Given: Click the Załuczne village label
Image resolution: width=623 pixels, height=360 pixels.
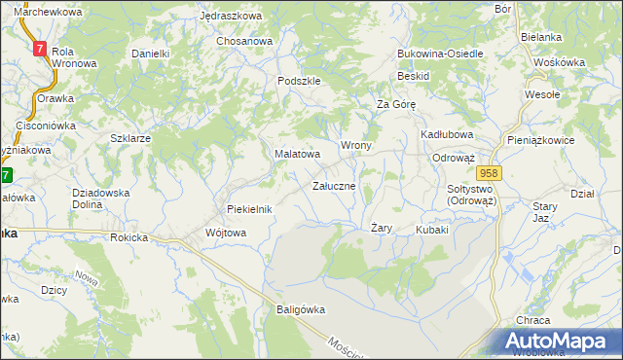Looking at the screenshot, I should (x=340, y=185).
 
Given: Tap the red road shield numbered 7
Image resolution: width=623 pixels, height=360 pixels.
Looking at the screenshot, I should (x=39, y=48).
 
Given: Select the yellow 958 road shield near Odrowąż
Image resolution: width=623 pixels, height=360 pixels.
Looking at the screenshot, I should (x=489, y=172).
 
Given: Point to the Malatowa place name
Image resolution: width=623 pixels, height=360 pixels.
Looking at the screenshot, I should (x=297, y=154).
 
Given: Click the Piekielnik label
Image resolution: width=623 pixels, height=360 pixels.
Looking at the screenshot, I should (x=248, y=209).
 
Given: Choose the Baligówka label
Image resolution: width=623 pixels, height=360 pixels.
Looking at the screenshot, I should (x=295, y=309).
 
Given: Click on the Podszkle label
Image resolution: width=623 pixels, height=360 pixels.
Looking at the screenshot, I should (x=299, y=82).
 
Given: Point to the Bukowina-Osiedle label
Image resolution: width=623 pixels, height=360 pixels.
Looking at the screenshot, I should (x=440, y=54).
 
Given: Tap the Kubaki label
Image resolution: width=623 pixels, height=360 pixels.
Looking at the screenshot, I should (x=431, y=230).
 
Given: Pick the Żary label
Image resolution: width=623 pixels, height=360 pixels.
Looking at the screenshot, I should (x=382, y=228).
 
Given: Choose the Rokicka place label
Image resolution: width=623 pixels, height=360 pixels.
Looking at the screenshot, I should (x=129, y=236).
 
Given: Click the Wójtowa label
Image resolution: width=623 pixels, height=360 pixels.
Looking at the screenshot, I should (x=226, y=233).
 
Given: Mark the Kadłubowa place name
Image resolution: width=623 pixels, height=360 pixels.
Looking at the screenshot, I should (x=447, y=133).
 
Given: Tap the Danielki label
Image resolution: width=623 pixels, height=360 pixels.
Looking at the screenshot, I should (x=151, y=54).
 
